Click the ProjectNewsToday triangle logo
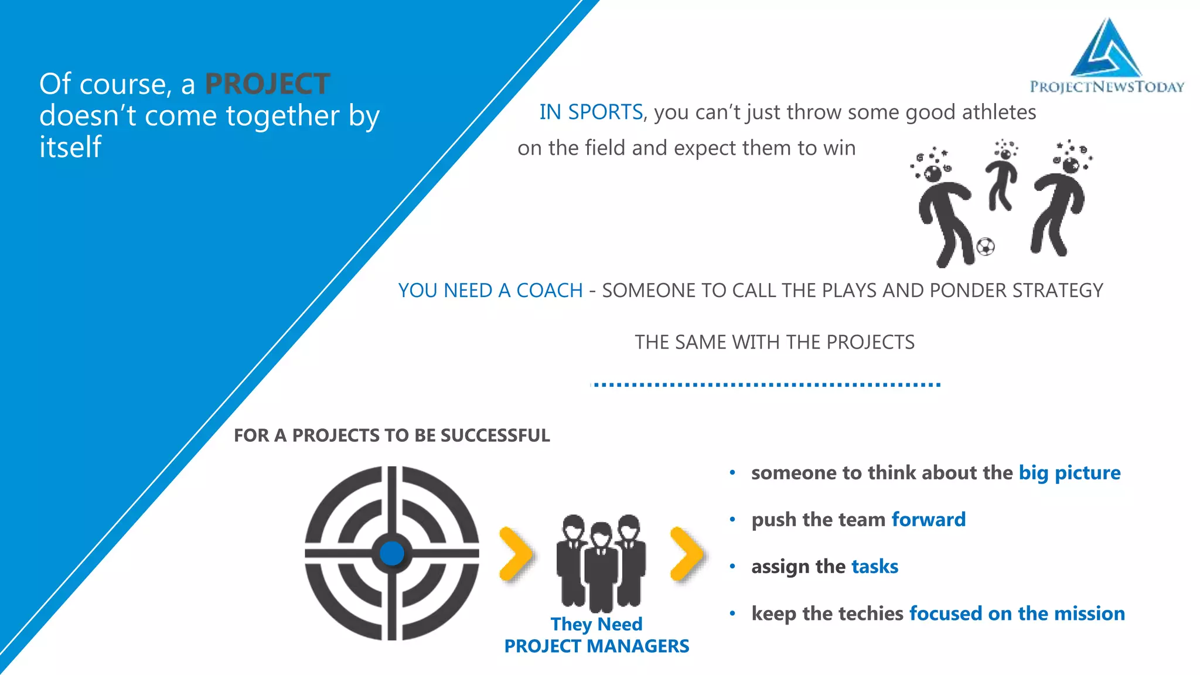click(x=1107, y=50)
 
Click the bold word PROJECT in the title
click(x=267, y=84)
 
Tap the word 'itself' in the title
click(x=70, y=146)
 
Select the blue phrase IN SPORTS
click(x=591, y=112)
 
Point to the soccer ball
click(x=986, y=247)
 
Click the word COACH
click(x=549, y=291)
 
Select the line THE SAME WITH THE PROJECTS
click(x=774, y=342)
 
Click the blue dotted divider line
click(x=766, y=385)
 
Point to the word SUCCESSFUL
click(x=495, y=435)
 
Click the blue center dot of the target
click(x=391, y=553)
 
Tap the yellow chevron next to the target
click(x=516, y=554)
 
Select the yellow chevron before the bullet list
click(x=687, y=554)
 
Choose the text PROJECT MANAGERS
click(x=596, y=646)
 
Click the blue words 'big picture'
click(x=1069, y=473)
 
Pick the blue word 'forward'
click(x=928, y=520)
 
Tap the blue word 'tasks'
click(x=874, y=567)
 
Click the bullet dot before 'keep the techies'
click(x=732, y=613)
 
